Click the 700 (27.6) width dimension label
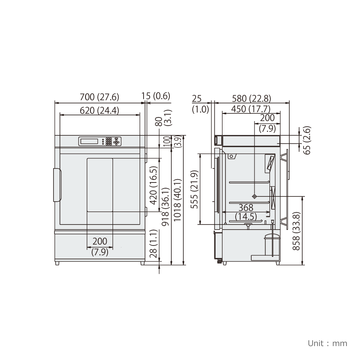click(x=99, y=97)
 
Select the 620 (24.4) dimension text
click(x=99, y=111)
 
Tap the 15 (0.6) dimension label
click(x=156, y=96)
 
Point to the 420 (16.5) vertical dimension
click(x=153, y=185)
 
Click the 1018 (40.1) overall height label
click(x=178, y=200)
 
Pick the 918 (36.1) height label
click(x=165, y=207)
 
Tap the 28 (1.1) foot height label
click(x=153, y=243)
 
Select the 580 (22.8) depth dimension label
click(x=252, y=99)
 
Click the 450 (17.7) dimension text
click(x=251, y=109)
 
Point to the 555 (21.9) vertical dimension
click(x=195, y=189)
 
